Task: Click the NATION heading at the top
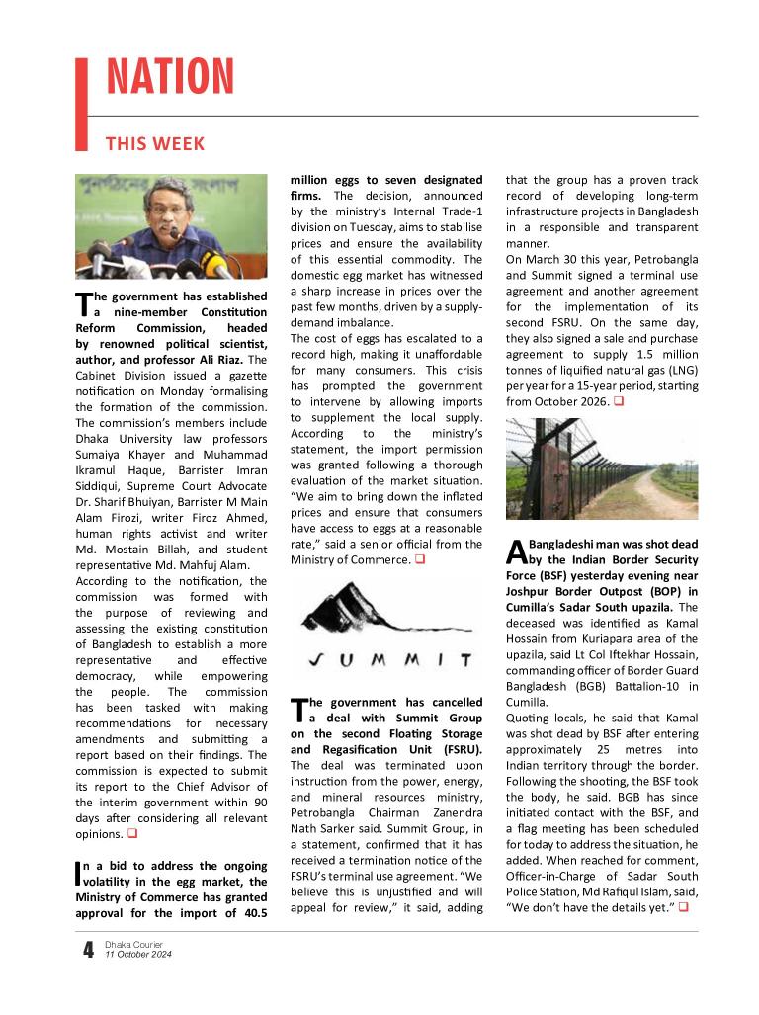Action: [170, 78]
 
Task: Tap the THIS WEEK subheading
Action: [155, 144]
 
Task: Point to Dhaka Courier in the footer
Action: [133, 945]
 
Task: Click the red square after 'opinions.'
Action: [131, 834]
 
